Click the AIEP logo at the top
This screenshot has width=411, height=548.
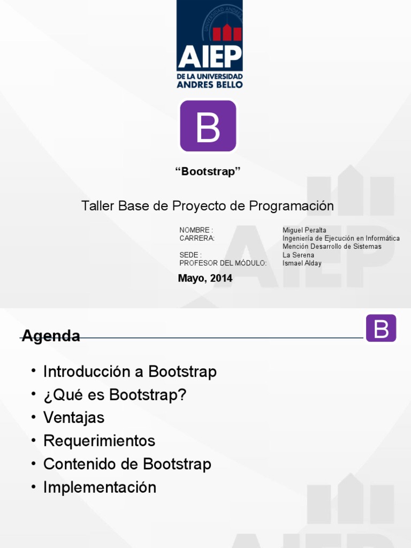[x=210, y=44]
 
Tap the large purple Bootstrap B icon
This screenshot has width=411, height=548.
[x=208, y=126]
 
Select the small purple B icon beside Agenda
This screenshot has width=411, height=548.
[x=380, y=328]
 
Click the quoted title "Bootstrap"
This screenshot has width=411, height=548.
[x=208, y=172]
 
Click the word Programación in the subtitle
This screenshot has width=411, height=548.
[x=297, y=206]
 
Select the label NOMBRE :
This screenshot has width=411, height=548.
[x=196, y=230]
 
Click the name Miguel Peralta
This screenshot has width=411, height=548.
[x=304, y=230]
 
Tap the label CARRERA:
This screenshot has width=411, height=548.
[x=197, y=238]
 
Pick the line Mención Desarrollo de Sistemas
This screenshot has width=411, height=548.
[x=332, y=247]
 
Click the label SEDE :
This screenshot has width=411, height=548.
[x=191, y=255]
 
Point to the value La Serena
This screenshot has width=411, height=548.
[x=298, y=255]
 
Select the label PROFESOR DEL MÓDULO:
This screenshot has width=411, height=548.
[x=223, y=263]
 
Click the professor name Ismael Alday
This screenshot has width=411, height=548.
[x=302, y=263]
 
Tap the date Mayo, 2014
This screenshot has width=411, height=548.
[x=205, y=278]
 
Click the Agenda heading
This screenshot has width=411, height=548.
[x=51, y=336]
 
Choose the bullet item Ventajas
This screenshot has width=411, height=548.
[x=74, y=417]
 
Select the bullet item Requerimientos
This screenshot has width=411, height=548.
[x=99, y=441]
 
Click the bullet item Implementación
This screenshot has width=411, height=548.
[x=100, y=488]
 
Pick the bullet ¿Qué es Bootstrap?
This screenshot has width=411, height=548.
[x=115, y=395]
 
